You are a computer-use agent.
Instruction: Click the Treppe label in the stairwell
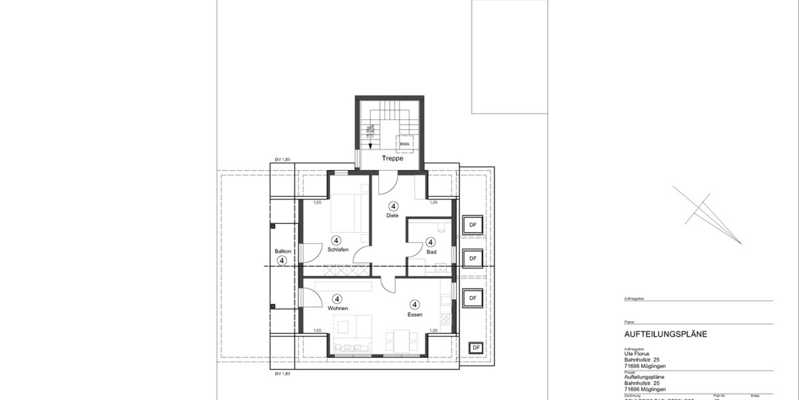393,159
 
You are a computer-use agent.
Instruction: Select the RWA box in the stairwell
405,144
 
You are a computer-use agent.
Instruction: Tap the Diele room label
392,215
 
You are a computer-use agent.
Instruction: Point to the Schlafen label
338,249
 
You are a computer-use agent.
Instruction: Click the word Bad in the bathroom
431,252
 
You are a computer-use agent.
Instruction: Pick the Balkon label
282,251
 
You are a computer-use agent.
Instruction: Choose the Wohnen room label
338,309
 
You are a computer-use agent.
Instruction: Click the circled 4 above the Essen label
415,304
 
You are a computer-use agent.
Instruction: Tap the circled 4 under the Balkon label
282,261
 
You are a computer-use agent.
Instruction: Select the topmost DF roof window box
473,225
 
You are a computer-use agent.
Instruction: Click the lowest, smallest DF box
475,348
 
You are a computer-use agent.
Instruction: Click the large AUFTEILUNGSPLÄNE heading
666,334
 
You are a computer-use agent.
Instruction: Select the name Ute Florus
637,355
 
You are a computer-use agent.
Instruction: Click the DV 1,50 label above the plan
283,159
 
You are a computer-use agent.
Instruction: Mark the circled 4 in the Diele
394,206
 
